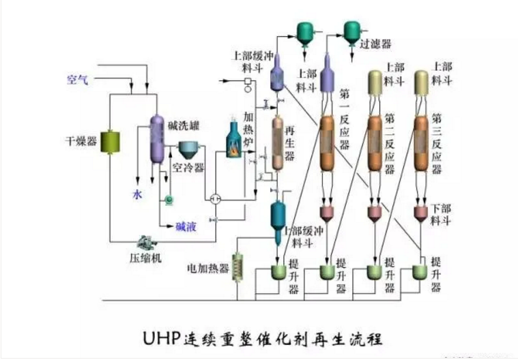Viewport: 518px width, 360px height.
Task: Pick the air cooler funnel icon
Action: [x=188, y=150]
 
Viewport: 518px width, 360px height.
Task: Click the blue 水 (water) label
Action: [x=136, y=195]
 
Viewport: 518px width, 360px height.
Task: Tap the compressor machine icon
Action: [x=145, y=242]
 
